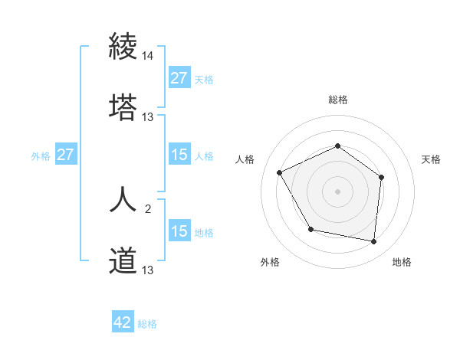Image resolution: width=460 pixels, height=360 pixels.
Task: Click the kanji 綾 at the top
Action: [x=123, y=47]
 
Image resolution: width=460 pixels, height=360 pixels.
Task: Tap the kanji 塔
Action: [x=123, y=107]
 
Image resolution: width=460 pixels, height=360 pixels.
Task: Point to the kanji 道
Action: [x=123, y=261]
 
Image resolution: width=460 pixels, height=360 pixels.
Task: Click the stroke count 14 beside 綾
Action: [x=148, y=57]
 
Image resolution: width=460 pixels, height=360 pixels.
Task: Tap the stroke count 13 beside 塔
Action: [x=148, y=117]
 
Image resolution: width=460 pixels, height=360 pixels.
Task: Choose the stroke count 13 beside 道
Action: [x=148, y=270]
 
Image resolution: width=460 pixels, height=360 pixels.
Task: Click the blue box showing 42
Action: [x=123, y=323]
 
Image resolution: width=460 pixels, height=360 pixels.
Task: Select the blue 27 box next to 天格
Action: [x=179, y=78]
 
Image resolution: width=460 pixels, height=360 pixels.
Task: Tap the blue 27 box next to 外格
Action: [x=66, y=155]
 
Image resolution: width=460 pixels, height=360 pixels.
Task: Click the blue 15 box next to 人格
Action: [x=179, y=155]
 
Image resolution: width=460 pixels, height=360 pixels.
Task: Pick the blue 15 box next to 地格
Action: [x=179, y=231]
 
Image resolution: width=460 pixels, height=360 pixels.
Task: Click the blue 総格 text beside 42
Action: [x=147, y=324]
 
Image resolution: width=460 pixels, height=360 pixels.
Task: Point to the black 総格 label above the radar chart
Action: [x=337, y=100]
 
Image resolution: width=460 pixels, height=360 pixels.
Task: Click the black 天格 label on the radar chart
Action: [x=431, y=159]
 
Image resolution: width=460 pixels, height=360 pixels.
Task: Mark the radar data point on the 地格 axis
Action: [x=374, y=242]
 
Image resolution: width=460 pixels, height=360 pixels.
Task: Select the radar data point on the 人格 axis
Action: [x=280, y=173]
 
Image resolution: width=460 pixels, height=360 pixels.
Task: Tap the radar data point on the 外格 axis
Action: [x=310, y=229]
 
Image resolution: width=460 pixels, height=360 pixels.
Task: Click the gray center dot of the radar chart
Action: [x=337, y=191]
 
